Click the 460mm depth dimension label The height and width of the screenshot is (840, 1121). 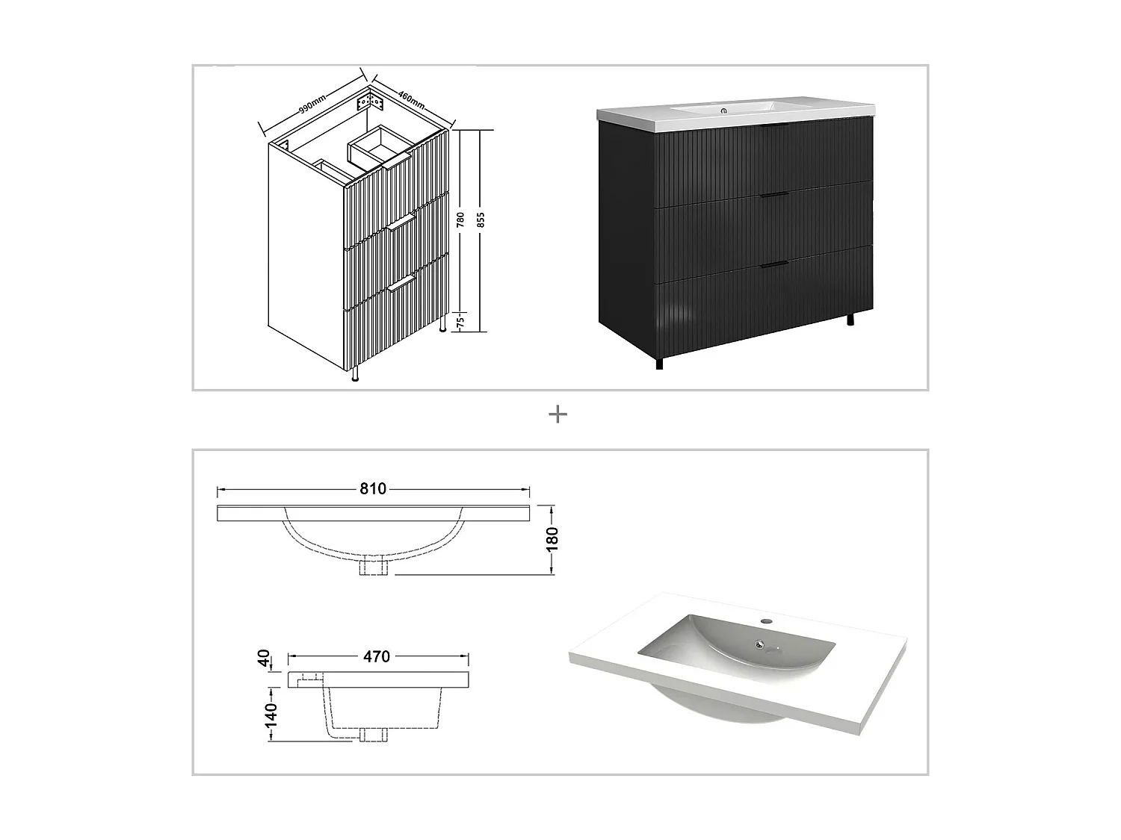pyautogui.click(x=412, y=97)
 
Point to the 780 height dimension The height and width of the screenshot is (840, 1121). pyautogui.click(x=461, y=220)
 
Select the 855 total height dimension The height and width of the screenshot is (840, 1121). pyautogui.click(x=481, y=220)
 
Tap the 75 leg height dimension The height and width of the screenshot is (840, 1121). pyautogui.click(x=461, y=322)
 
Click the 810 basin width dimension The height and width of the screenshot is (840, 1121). pyautogui.click(x=373, y=489)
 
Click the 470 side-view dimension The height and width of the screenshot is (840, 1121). pyautogui.click(x=377, y=656)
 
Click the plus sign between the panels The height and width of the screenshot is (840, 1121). pyautogui.click(x=558, y=415)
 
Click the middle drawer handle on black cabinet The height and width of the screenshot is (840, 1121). pyautogui.click(x=774, y=195)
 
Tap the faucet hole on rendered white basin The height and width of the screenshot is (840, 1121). pyautogui.click(x=765, y=620)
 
